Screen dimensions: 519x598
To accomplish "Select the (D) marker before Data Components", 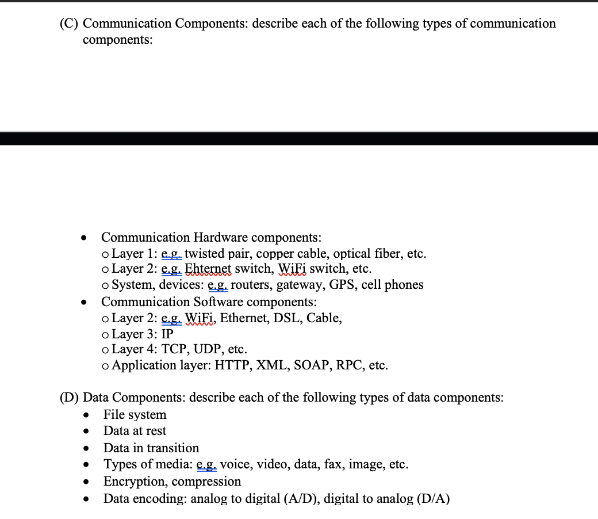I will point(70,398).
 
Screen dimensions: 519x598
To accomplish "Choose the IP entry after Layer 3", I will point(167,334).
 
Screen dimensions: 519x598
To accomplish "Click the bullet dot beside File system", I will point(85,415).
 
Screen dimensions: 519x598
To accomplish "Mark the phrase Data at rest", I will point(135,431).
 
